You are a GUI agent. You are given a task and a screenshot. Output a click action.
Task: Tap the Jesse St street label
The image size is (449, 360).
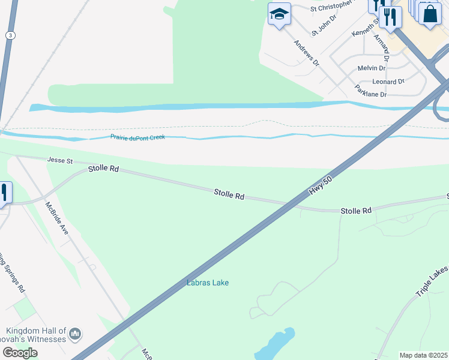click(60, 161)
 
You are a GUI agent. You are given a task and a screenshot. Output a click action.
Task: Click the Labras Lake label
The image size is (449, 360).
click(208, 283)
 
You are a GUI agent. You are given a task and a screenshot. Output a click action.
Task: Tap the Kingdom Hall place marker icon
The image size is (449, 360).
click(75, 333)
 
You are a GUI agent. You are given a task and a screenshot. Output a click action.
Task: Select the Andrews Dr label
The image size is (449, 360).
click(307, 53)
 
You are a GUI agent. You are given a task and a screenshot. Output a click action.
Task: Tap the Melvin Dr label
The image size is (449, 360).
click(371, 68)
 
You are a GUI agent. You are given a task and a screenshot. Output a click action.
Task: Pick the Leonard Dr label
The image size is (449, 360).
click(388, 82)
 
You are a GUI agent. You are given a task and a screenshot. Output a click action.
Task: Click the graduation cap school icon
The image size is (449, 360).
click(279, 14)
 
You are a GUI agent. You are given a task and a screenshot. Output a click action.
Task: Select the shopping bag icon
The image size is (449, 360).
click(431, 13)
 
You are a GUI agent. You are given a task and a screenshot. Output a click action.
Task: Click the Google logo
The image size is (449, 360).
click(20, 353)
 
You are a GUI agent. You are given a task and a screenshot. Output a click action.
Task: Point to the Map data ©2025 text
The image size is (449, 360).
click(424, 355)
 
